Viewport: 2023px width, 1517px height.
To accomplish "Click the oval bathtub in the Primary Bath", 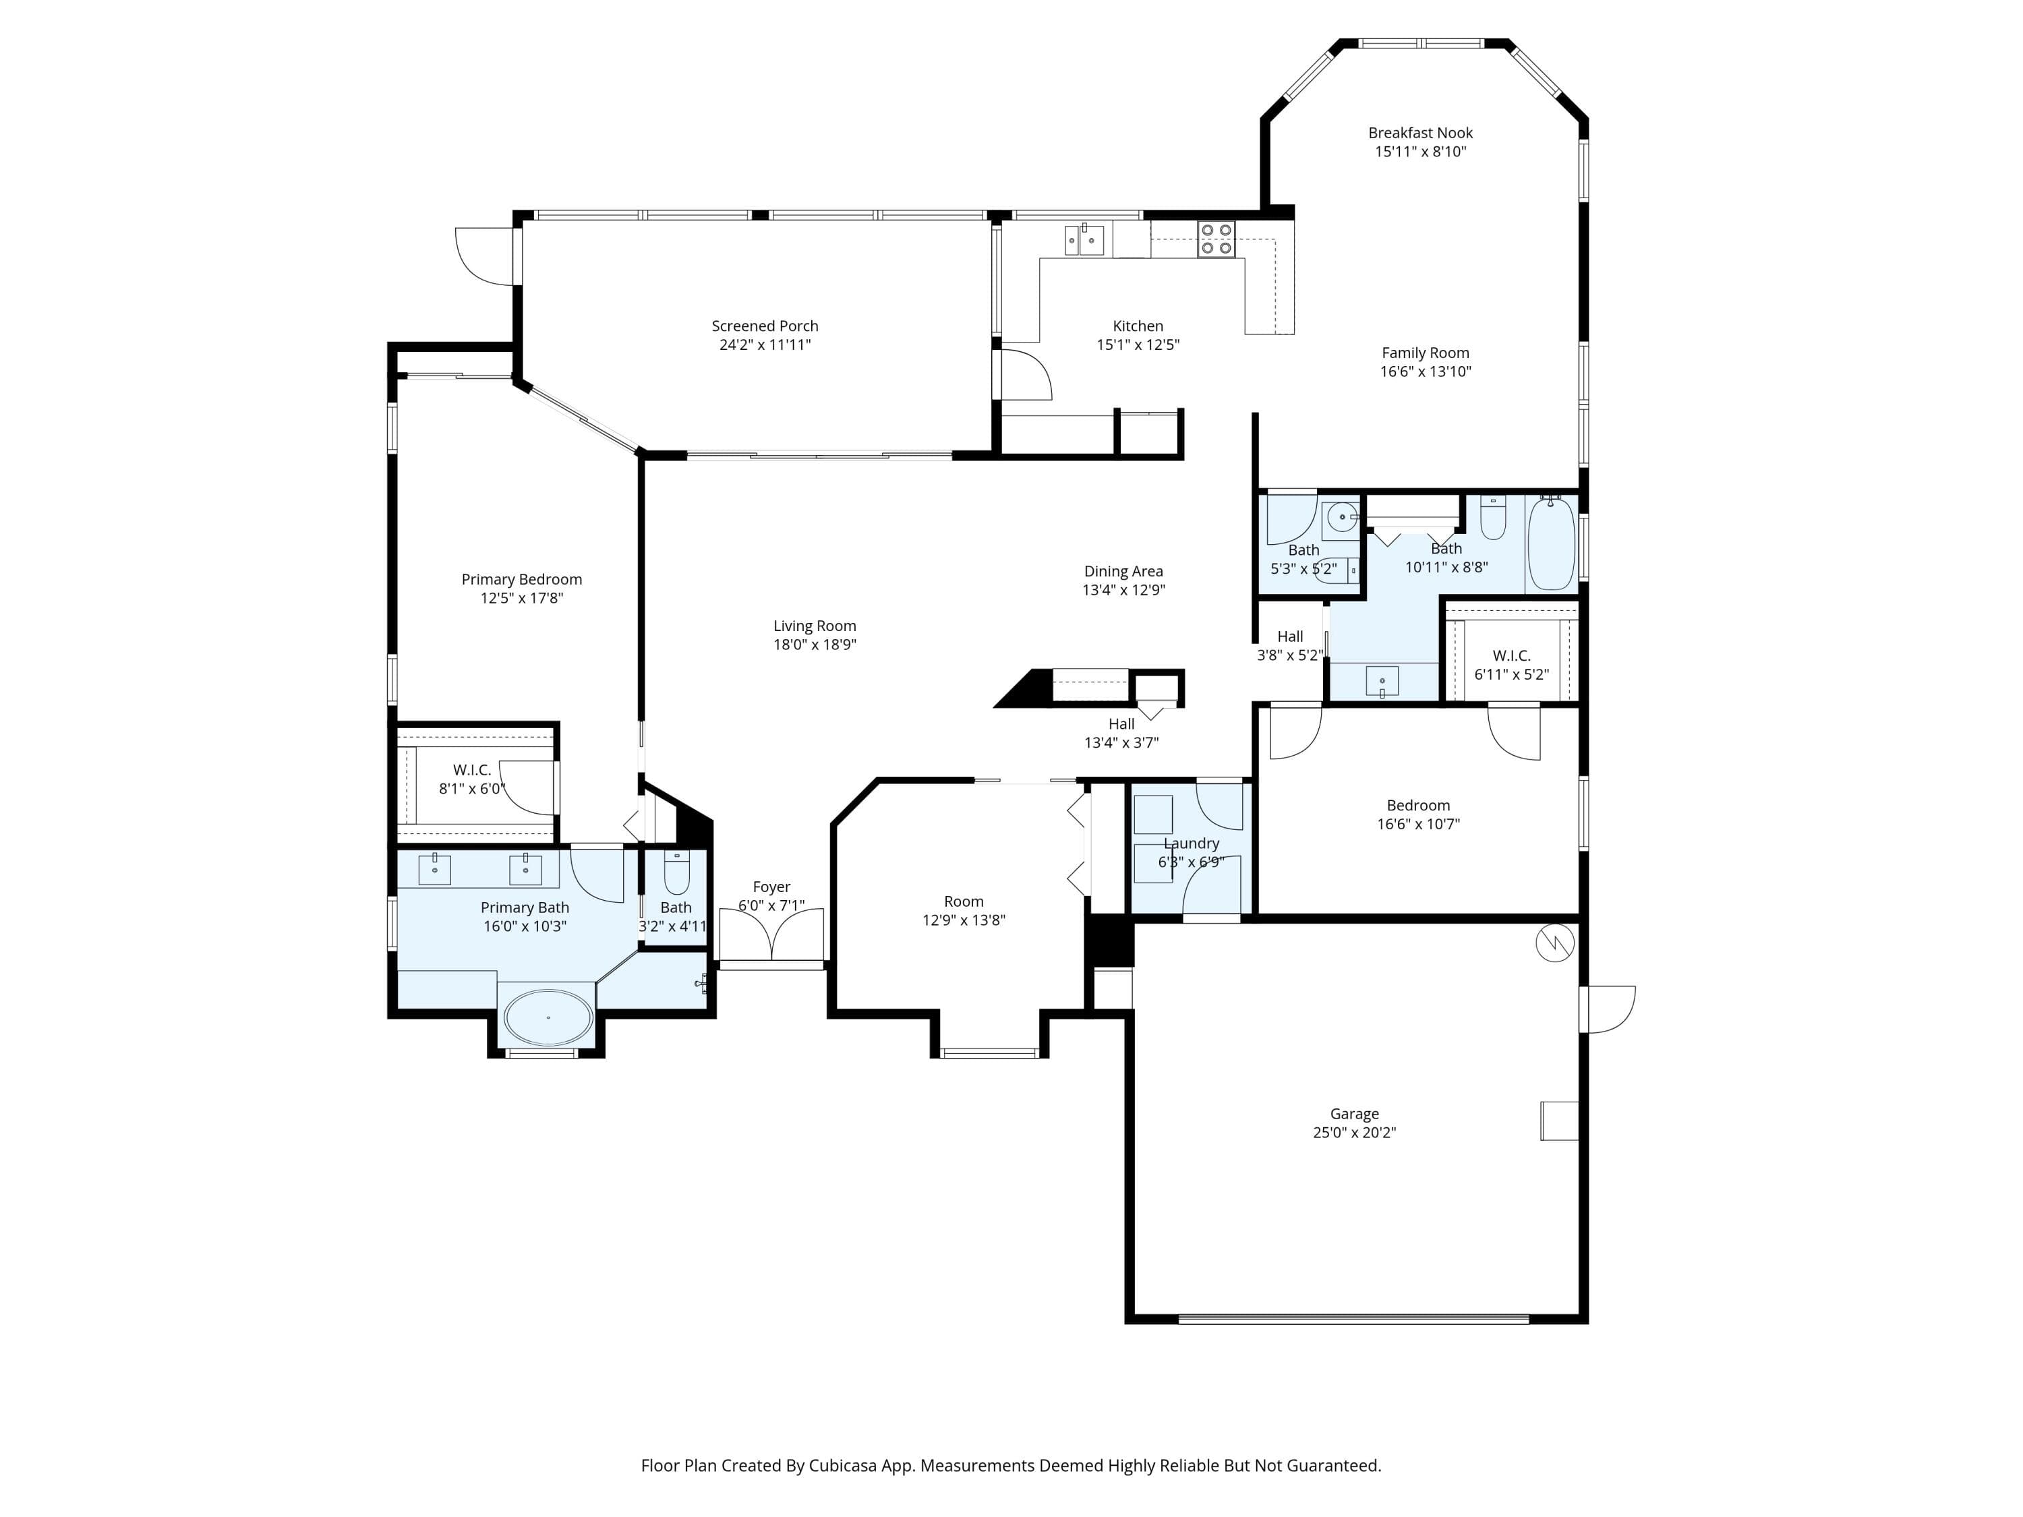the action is point(549,1017).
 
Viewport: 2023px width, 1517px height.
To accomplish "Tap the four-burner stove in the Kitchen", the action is point(1217,239).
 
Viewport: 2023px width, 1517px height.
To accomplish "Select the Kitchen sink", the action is point(1084,239).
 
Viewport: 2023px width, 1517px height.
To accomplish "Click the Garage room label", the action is point(1355,1114).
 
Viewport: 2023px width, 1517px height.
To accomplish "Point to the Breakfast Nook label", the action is point(1420,133).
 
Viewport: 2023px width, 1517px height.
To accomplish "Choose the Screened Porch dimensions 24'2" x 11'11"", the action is point(765,345).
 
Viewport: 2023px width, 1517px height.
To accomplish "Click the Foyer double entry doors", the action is point(772,934).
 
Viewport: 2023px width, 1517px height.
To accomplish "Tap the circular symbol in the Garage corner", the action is point(1555,943).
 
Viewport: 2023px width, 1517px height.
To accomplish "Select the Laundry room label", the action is point(1192,843).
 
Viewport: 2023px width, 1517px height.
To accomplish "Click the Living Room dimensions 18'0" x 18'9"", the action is point(815,645).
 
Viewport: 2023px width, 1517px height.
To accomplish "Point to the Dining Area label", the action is point(1124,572).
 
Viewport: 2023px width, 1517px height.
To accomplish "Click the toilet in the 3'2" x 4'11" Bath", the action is point(677,873).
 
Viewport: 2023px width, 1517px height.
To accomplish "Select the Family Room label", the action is point(1426,353).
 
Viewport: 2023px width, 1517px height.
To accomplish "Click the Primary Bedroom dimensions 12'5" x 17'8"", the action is point(522,598).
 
